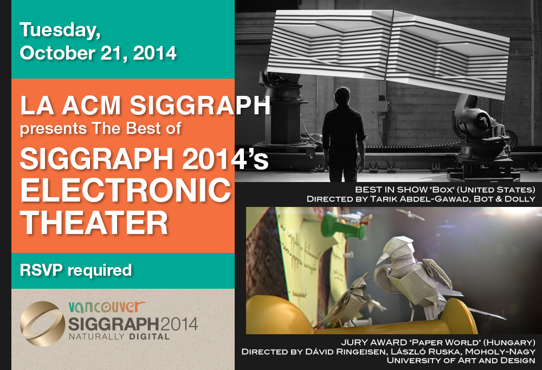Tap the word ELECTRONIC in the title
point(126,190)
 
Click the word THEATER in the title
point(94,223)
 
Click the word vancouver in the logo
point(106,307)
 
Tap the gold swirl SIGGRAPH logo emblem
point(42,324)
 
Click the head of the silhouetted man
point(342,96)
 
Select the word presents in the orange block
point(53,129)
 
